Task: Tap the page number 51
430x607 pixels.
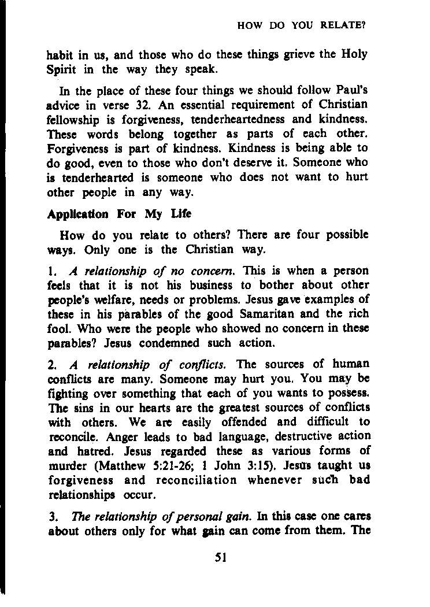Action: coord(220,558)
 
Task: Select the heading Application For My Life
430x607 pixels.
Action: coord(119,214)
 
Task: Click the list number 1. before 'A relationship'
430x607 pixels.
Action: coord(51,271)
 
